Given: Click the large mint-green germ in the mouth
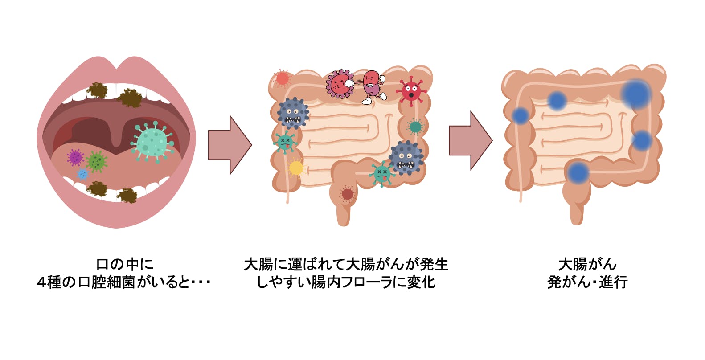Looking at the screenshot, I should (x=152, y=142).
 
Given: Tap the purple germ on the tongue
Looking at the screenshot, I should (x=75, y=157).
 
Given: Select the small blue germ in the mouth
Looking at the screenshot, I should (x=83, y=174).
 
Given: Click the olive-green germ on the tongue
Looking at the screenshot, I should (x=96, y=161).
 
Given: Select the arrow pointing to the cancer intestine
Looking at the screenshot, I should (x=470, y=140).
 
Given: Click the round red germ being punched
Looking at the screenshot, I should (x=340, y=84).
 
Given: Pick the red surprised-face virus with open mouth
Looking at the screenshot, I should (x=410, y=91).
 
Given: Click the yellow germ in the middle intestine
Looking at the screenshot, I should (x=296, y=168).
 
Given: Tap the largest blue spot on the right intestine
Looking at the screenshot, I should (x=635, y=94).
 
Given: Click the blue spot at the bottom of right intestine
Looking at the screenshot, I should (x=578, y=173).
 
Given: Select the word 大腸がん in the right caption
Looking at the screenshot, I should (x=587, y=264).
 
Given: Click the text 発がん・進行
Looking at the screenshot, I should (x=587, y=282).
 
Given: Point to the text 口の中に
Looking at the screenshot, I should (x=125, y=264).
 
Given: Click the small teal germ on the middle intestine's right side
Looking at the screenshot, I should (x=415, y=127).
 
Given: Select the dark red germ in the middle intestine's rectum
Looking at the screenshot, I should (x=347, y=194).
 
